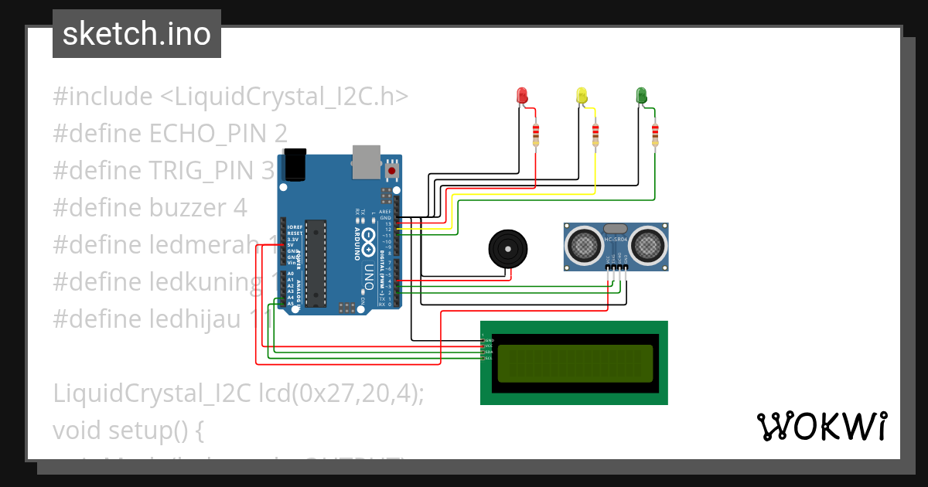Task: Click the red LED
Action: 522,96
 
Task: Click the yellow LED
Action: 582,95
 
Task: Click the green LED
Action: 641,95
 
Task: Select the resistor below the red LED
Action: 535,135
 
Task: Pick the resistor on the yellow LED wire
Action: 595,135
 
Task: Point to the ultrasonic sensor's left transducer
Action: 585,245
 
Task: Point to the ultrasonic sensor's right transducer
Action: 647,245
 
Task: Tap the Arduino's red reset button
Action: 392,170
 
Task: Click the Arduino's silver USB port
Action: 367,158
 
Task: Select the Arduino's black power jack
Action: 295,165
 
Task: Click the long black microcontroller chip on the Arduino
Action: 315,263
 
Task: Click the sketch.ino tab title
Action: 137,34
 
